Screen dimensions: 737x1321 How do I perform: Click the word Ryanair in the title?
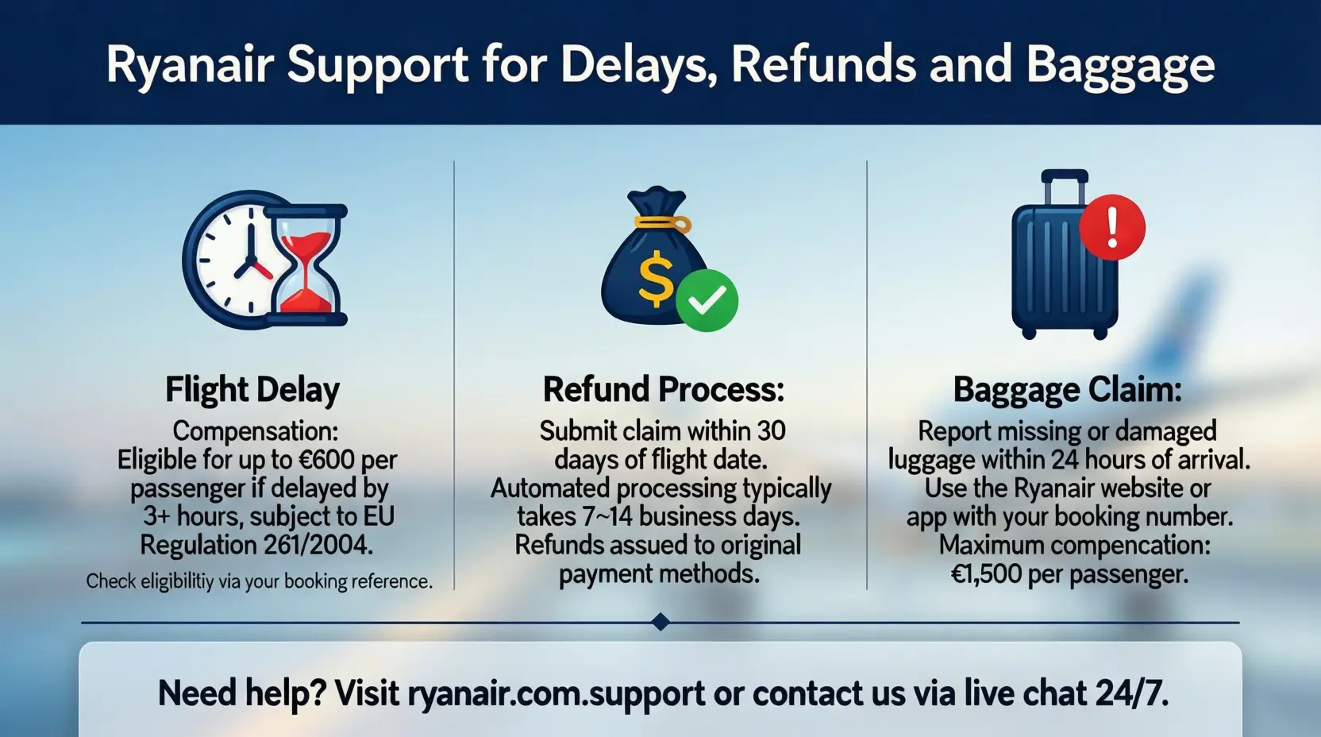(191, 65)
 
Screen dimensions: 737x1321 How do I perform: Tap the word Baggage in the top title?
(1120, 65)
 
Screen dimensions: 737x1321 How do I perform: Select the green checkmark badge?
(707, 300)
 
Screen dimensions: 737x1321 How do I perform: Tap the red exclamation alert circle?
(1112, 227)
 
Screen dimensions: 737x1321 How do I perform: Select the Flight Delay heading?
(252, 390)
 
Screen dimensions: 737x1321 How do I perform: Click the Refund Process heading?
(663, 390)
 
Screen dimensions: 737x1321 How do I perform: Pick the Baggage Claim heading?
(1067, 390)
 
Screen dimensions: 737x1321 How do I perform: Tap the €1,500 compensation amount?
(986, 574)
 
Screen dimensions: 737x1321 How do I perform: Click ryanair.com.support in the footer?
(556, 693)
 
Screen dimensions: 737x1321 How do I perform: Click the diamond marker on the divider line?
(660, 622)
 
